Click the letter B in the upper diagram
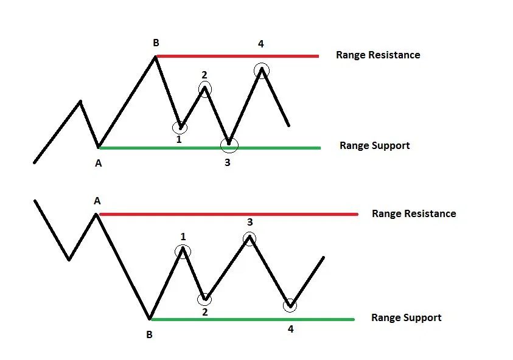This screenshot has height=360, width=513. click(x=156, y=43)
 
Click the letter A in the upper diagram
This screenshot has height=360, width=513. click(x=99, y=162)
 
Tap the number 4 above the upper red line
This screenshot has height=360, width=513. click(x=260, y=44)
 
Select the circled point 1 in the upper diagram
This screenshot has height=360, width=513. click(x=180, y=127)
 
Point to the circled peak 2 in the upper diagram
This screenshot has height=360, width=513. click(x=205, y=89)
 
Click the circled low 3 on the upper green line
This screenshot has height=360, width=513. click(x=229, y=145)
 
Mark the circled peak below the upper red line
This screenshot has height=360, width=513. click(x=262, y=69)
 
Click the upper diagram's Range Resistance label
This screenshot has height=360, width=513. click(x=378, y=55)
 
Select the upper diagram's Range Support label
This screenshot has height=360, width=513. click(x=374, y=145)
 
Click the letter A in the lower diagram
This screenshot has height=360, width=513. click(x=97, y=201)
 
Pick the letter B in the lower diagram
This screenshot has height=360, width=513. click(x=150, y=334)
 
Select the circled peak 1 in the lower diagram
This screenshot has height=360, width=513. click(x=183, y=251)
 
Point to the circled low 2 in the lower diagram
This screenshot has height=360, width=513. click(x=205, y=298)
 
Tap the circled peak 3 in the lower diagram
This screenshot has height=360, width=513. click(x=250, y=239)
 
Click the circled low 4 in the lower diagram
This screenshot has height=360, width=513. click(x=291, y=305)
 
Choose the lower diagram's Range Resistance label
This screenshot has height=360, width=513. click(x=414, y=213)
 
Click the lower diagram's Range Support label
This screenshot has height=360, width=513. click(x=406, y=317)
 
